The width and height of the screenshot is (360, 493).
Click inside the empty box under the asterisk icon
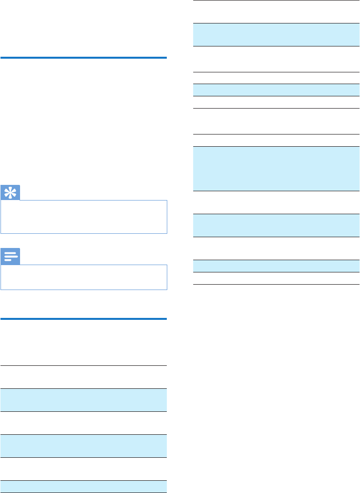click(x=84, y=216)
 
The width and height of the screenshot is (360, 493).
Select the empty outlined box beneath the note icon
click(x=84, y=277)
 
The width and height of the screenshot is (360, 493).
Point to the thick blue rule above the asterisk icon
click(x=84, y=58)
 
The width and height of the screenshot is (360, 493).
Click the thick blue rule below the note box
click(x=84, y=319)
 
